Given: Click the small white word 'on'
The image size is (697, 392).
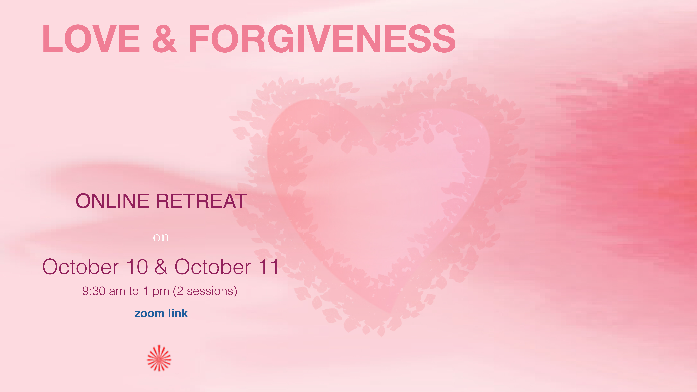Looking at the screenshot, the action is (x=161, y=237).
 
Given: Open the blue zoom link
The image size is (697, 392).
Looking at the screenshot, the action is (x=161, y=313).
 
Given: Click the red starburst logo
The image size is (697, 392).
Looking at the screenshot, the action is (x=159, y=358).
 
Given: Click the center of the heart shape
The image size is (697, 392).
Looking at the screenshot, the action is (x=379, y=195).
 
